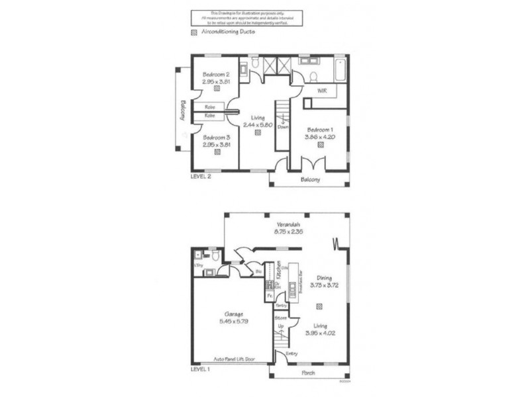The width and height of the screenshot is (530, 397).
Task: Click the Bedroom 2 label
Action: click(x=217, y=74)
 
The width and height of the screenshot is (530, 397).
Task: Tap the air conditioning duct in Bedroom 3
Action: click(x=217, y=152)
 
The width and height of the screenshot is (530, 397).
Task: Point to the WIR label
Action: click(x=323, y=90)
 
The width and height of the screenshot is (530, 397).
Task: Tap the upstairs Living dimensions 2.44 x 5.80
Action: click(x=258, y=124)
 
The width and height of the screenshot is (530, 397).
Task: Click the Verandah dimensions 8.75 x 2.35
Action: click(x=289, y=232)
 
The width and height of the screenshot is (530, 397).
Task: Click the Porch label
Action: click(x=309, y=373)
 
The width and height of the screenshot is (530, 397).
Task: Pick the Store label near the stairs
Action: click(x=281, y=318)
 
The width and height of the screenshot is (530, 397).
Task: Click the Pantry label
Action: click(x=281, y=305)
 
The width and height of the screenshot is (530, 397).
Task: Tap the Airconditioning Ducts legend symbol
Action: click(x=193, y=32)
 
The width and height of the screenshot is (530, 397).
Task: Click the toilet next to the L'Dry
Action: click(x=215, y=254)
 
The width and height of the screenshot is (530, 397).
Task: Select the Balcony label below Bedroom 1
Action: click(x=309, y=180)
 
